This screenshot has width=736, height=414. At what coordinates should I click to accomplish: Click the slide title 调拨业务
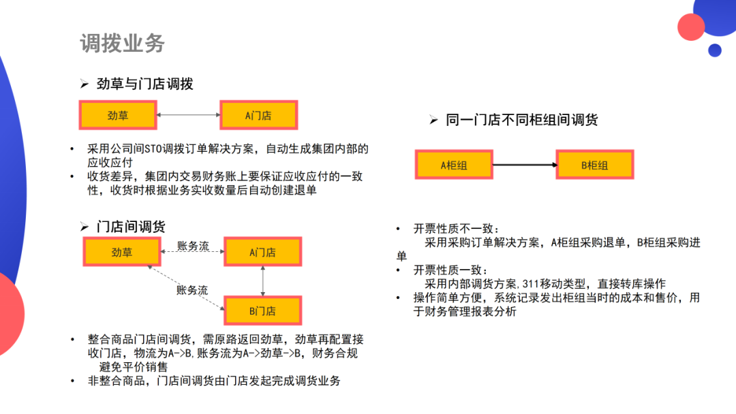point(122,44)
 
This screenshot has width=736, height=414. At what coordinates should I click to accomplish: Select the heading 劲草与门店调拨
point(144,84)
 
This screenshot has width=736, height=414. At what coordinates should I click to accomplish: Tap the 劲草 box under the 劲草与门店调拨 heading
point(118,116)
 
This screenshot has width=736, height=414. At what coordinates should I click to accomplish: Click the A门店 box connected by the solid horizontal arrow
point(258,116)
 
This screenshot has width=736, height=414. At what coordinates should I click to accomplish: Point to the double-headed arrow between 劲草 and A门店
point(188,116)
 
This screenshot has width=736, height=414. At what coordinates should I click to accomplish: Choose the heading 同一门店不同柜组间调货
point(521,121)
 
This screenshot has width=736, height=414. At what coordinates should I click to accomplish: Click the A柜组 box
point(453,165)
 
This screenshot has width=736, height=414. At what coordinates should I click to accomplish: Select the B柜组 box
point(594,165)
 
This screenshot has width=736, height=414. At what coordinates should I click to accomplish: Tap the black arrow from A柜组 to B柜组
point(524,165)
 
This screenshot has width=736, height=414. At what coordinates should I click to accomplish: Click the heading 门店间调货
point(131,227)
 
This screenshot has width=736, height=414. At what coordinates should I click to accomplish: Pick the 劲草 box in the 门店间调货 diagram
point(122,253)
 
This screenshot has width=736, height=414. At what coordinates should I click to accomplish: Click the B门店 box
point(262,311)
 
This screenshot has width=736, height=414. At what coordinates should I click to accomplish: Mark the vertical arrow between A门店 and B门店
point(262,281)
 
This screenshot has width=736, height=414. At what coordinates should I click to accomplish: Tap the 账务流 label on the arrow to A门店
point(193,246)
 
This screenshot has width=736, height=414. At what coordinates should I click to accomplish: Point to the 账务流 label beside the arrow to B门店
point(192,290)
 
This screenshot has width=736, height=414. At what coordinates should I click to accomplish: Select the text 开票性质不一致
point(457,229)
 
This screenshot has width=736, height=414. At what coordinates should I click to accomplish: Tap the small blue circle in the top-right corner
point(715,50)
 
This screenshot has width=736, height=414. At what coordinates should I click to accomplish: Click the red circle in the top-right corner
point(691,27)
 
